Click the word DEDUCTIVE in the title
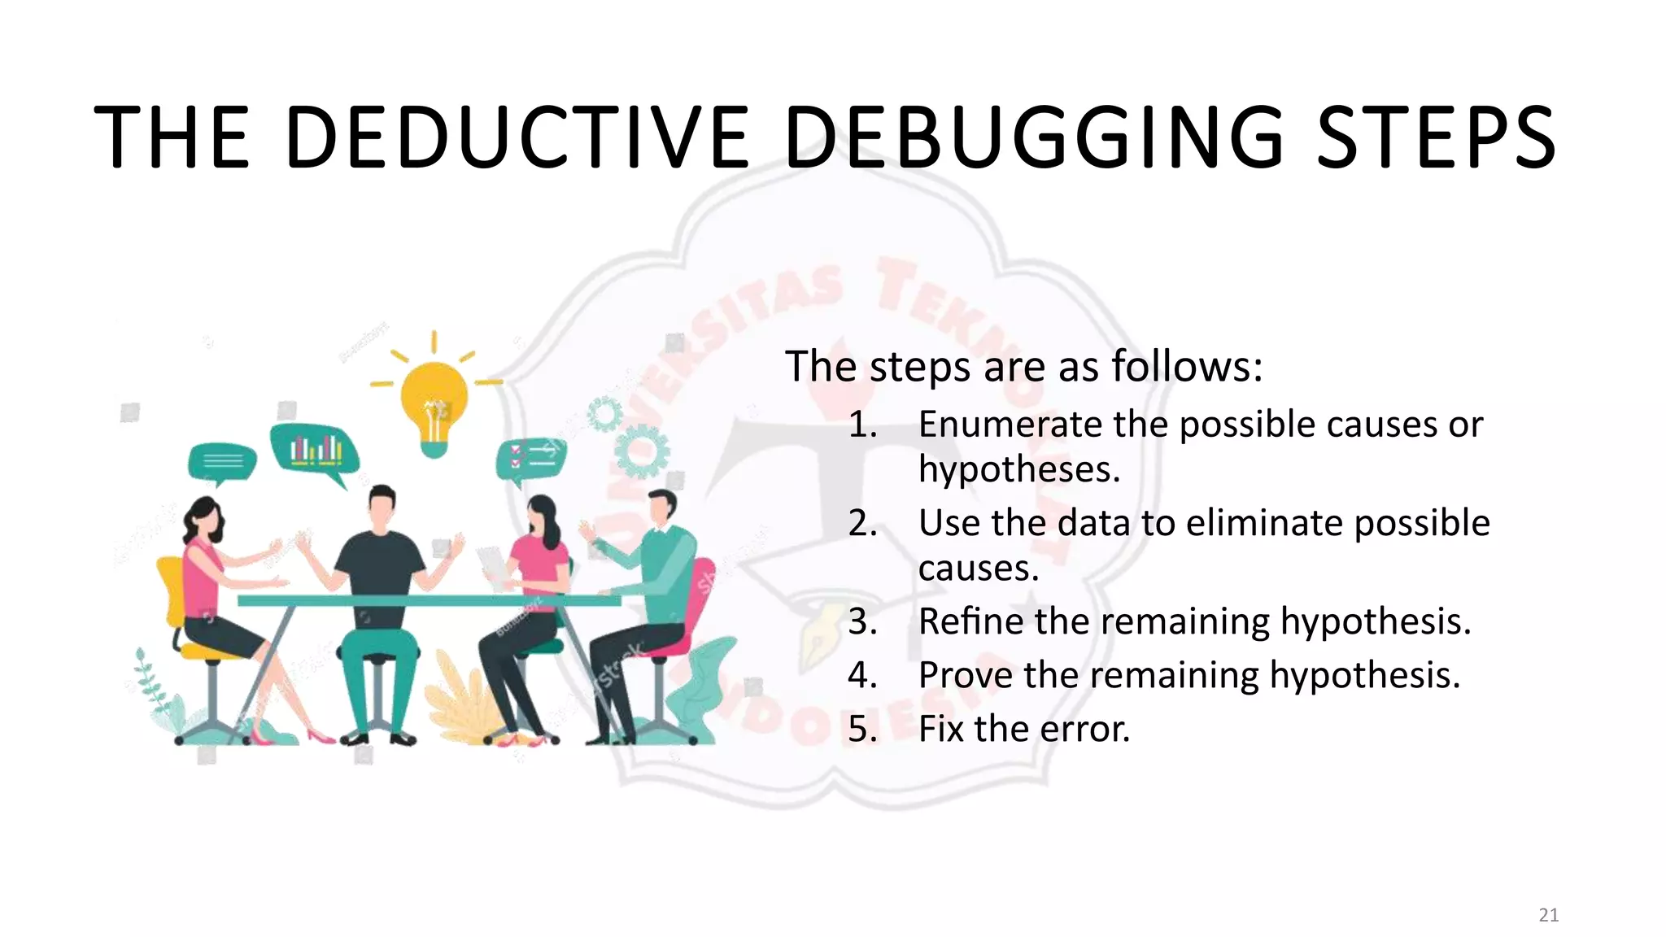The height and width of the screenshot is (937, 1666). pos(518,137)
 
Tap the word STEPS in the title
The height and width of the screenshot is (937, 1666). pos(1437,137)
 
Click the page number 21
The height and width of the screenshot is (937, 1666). pos(1548,915)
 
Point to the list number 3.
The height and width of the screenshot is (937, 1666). pos(862,622)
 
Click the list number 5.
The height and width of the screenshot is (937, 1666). pos(862,729)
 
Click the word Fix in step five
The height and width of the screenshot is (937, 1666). pos(942,729)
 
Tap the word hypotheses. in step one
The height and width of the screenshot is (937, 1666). pos(1018,470)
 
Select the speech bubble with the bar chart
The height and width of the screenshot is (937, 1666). pos(315,450)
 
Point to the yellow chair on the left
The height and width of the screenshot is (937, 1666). pos(181,610)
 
